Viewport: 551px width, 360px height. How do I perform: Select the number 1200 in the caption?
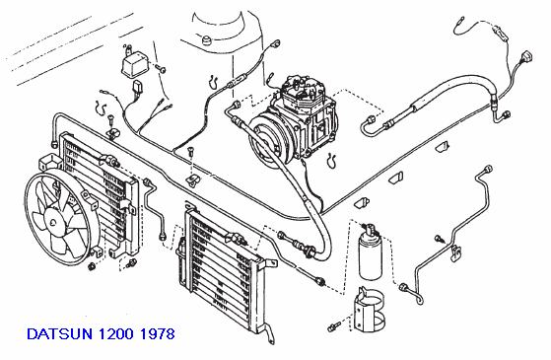point(115,333)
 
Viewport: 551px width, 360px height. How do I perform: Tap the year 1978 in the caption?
point(157,333)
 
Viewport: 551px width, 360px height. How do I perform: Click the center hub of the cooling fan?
point(53,222)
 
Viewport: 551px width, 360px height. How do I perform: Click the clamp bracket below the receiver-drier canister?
point(369,310)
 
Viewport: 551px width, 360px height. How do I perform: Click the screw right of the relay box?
point(161,69)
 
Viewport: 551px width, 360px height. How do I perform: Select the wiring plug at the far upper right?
point(527,56)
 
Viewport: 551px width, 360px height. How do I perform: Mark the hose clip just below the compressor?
point(331,161)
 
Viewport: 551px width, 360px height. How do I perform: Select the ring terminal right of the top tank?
point(276,44)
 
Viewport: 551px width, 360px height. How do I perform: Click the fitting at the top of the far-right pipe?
point(488,170)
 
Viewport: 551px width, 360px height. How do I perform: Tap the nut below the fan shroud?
point(92,266)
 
